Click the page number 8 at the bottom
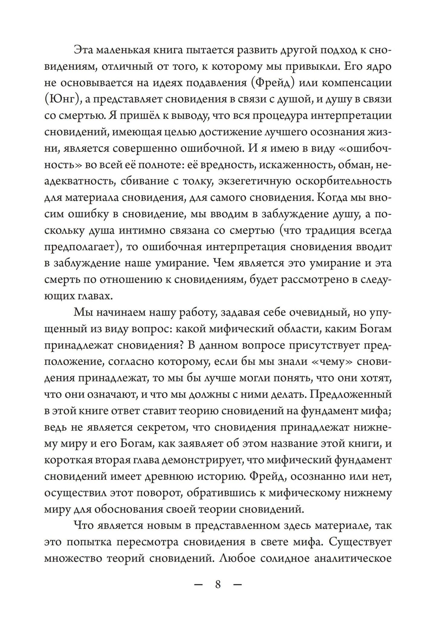pos(218,584)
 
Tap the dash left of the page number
pos(198,584)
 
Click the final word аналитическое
pos(352,559)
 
